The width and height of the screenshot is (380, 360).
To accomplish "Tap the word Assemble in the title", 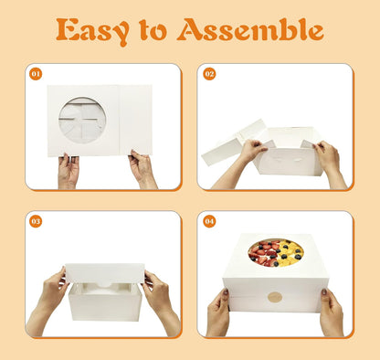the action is (x=249, y=29).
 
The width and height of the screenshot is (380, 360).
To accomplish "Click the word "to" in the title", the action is (x=153, y=30).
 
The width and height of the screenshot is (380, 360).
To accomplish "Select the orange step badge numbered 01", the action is (x=36, y=74).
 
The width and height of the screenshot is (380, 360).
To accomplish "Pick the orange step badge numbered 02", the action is (x=209, y=74).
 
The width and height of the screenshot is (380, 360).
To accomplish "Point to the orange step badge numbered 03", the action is (x=36, y=221).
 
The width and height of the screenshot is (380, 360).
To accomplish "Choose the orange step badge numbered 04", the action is (x=209, y=221).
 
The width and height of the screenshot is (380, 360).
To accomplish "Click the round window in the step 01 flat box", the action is (x=82, y=121).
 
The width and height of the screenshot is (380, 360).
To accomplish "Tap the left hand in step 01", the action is (x=69, y=171).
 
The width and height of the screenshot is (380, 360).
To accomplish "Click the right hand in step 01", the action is (x=142, y=169).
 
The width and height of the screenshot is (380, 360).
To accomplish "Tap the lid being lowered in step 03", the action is (x=105, y=273).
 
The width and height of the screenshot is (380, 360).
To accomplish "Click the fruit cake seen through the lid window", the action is (x=276, y=253).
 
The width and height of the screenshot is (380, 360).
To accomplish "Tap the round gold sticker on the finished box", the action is (x=275, y=297).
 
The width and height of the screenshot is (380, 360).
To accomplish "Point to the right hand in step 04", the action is (x=331, y=312).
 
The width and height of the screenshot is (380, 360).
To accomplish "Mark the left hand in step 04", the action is (x=218, y=312).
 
